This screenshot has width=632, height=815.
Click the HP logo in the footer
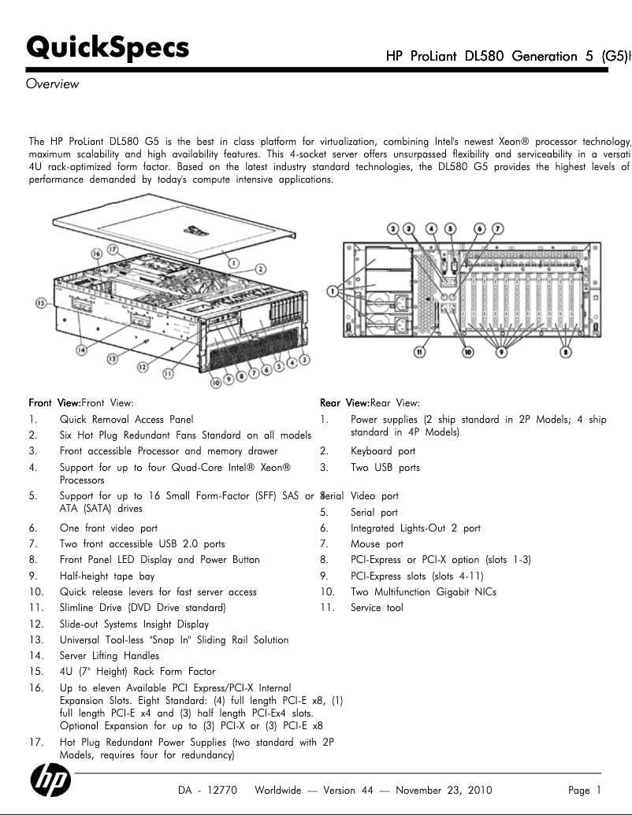click(50, 781)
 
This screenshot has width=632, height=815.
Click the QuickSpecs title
click(108, 48)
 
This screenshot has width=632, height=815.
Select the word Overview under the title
click(53, 83)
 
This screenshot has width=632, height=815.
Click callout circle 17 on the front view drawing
click(113, 248)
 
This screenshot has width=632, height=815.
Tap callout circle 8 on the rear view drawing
click(566, 352)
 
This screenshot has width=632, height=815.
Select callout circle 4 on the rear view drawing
click(431, 228)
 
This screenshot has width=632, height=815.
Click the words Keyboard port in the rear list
click(383, 451)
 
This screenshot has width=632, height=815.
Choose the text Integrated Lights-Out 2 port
click(415, 528)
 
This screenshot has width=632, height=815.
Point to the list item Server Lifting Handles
click(109, 655)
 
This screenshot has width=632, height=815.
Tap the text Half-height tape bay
click(107, 576)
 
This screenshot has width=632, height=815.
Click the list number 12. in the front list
click(35, 624)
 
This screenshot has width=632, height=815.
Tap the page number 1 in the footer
click(599, 790)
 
